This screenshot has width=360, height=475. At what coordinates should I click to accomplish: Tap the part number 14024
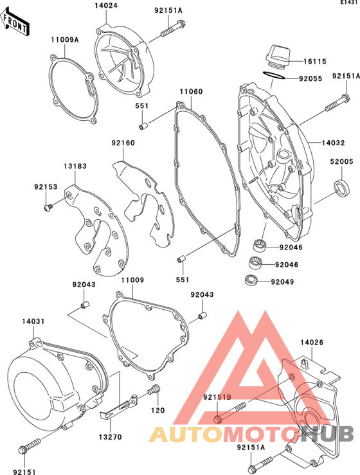coord(106,5)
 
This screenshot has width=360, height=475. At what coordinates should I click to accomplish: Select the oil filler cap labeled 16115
coord(278,57)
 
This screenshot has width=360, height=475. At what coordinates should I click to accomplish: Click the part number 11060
coord(191,91)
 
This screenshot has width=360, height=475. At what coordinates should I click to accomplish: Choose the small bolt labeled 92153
coord(48,208)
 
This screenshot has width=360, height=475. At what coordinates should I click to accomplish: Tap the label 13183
coord(75,166)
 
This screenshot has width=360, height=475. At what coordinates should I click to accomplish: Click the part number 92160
coord(123,143)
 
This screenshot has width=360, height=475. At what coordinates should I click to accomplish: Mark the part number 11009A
coord(65,39)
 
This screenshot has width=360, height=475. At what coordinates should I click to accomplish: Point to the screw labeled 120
coord(154,390)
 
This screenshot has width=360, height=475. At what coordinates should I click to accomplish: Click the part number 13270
coord(111,437)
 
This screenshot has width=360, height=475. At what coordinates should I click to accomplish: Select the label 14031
coord(33,321)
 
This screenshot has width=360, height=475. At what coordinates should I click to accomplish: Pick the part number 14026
coord(312,343)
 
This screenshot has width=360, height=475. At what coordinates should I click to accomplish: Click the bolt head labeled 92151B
coord(217,420)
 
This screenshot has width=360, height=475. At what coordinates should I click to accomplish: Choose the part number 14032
coord(334,143)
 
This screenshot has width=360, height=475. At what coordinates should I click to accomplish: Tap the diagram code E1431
coord(350,3)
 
